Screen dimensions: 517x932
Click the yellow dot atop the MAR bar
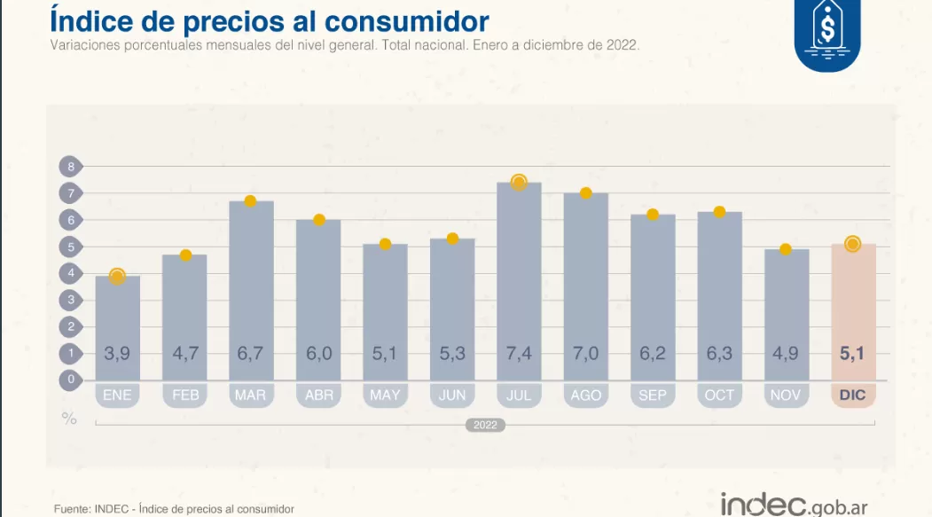pos(250,201)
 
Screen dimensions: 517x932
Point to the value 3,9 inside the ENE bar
pos(117,354)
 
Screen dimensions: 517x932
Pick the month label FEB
pos(184,395)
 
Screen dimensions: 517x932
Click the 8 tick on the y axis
pos(70,166)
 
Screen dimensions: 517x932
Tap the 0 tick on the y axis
pos(70,380)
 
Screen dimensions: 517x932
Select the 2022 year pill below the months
pos(485,426)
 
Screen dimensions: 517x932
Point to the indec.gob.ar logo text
pos(794,505)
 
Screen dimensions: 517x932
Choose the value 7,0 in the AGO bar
pos(586,354)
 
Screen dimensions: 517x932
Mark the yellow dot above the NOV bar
pos(786,249)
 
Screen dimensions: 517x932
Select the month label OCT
pos(719,395)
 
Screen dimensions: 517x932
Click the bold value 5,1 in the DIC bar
pos(853,354)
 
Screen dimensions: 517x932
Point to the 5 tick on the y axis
pos(70,247)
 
